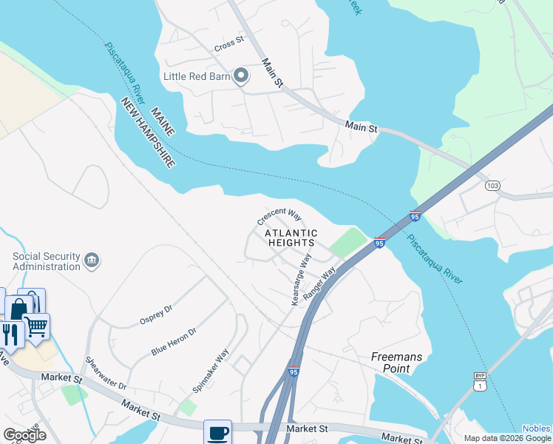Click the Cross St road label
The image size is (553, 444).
pos(228,44)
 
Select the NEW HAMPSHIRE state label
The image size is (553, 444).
pos(148,132)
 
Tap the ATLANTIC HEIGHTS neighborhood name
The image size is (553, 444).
pos(291,238)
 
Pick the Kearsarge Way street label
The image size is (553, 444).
pos(301,280)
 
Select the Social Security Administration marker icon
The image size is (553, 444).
pos(92,260)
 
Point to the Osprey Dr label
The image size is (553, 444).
pos(155,314)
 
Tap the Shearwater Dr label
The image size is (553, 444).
pos(106,374)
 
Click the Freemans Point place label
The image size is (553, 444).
pos(396,363)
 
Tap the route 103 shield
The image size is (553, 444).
pos(492,184)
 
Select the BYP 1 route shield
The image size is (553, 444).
pos(480,381)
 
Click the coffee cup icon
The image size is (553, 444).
pos(217,433)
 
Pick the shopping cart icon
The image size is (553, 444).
pos(36,326)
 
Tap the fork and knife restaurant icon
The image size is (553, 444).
pos(10,334)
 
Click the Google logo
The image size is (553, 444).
pos(24,435)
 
